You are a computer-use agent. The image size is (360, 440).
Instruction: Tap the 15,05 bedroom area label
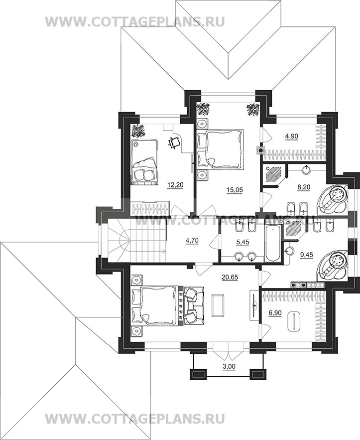pyautogui.click(x=235, y=190)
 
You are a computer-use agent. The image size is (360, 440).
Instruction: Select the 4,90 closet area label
pyautogui.click(x=291, y=137)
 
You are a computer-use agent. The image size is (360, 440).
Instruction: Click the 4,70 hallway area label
pyautogui.click(x=192, y=241)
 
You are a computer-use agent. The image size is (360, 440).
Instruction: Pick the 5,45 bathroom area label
pyautogui.click(x=243, y=242)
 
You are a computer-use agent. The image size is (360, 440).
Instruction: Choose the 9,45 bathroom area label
pyautogui.click(x=306, y=255)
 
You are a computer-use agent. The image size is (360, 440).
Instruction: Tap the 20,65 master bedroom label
pyautogui.click(x=230, y=277)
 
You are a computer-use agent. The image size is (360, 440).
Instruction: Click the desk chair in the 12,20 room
pyautogui.click(x=174, y=143)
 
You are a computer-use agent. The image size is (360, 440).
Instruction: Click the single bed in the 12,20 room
pyautogui.click(x=144, y=162)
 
